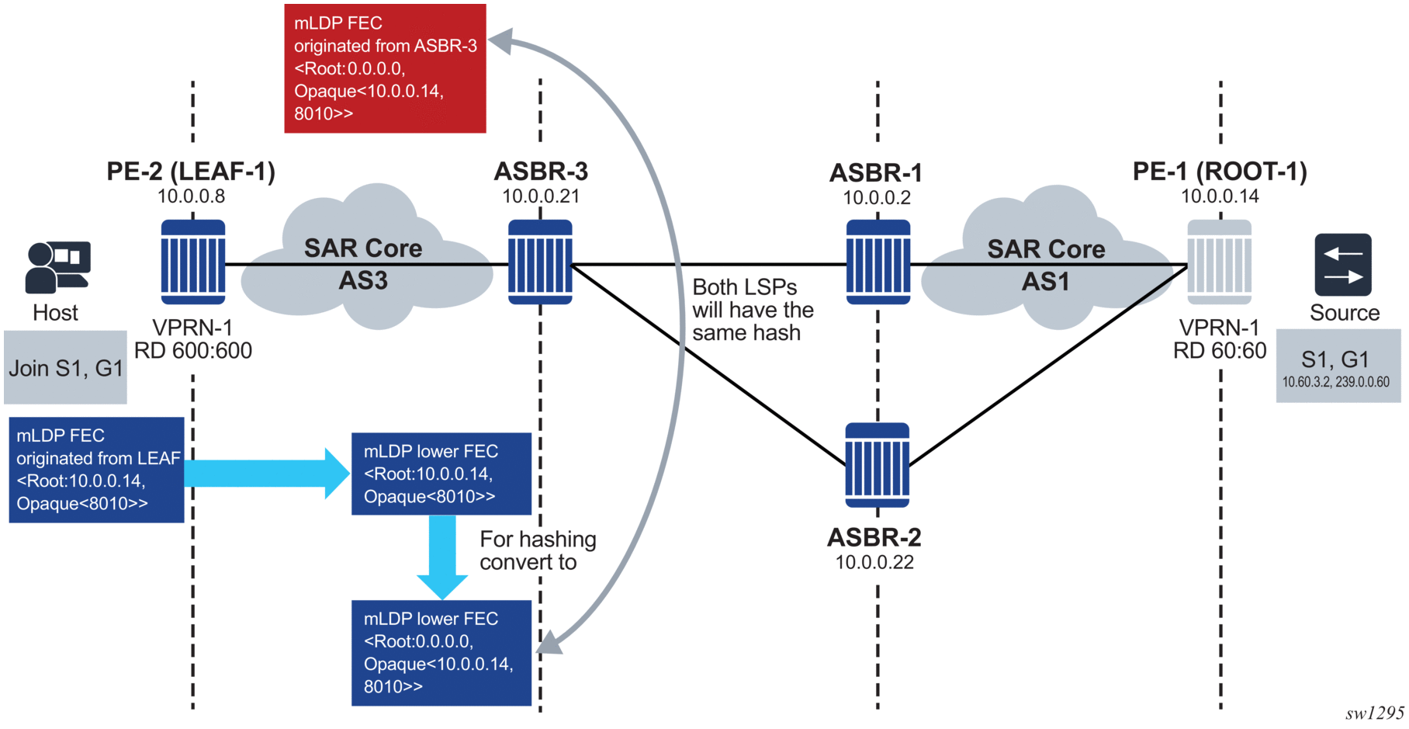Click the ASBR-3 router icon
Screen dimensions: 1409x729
[x=540, y=262]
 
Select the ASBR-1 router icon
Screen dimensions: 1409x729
[x=878, y=262]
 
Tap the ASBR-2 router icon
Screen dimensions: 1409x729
[x=877, y=465]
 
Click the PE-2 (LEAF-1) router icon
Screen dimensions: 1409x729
[x=193, y=262]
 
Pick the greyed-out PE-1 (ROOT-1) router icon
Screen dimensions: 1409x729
[x=1220, y=262]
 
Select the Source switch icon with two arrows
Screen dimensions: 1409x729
[x=1343, y=265]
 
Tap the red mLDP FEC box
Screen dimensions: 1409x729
[x=385, y=68]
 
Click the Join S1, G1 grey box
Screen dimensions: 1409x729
[x=65, y=367]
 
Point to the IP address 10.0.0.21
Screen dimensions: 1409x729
[x=541, y=196]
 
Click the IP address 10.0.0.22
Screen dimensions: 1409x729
[x=874, y=562]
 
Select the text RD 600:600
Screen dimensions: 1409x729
[x=193, y=351]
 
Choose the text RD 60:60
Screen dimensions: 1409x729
[x=1220, y=351]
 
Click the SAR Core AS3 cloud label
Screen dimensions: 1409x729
[x=363, y=264]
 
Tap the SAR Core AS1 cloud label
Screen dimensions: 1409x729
[x=1046, y=265]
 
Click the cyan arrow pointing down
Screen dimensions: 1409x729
[x=442, y=557]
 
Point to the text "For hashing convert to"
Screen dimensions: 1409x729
[x=538, y=550]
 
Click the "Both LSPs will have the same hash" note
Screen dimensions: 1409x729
[x=753, y=310]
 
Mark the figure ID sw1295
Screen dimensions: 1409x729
[x=1375, y=713]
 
